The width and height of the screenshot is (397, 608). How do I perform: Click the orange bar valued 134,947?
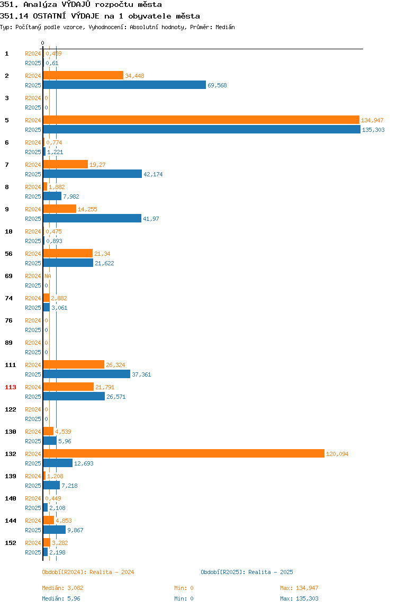click(x=201, y=120)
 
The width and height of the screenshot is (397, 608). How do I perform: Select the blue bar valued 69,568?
click(x=124, y=85)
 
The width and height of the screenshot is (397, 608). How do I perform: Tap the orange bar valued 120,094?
click(x=184, y=453)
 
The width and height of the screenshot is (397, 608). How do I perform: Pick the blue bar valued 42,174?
click(x=92, y=174)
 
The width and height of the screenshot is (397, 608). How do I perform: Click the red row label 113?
click(x=11, y=387)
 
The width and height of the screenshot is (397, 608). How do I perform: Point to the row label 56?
click(x=8, y=254)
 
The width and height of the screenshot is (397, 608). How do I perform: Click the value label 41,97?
click(x=151, y=219)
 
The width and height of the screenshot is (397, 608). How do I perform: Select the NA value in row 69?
click(x=48, y=276)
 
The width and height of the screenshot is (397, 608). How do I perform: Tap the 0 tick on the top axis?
click(x=43, y=43)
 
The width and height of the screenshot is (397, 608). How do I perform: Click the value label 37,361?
click(x=141, y=374)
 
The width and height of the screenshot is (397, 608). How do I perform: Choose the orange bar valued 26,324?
click(x=74, y=364)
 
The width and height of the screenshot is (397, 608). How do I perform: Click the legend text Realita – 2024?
click(x=112, y=572)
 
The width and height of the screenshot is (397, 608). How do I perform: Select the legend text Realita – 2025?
click(x=270, y=572)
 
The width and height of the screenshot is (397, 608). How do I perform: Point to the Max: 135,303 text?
click(x=299, y=598)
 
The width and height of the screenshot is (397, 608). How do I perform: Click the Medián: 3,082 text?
click(x=63, y=588)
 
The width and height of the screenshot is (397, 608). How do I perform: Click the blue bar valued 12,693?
click(x=58, y=463)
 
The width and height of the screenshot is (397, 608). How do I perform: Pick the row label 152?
click(x=11, y=543)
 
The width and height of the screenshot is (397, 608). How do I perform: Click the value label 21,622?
click(x=104, y=263)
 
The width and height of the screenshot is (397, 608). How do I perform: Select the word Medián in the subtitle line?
click(x=225, y=27)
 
